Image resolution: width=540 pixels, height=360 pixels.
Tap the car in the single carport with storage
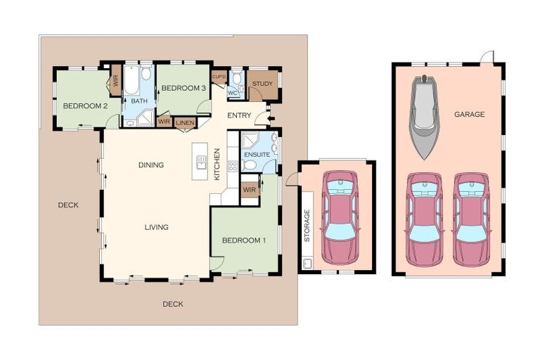340,218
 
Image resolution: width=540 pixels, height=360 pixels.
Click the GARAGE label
470,115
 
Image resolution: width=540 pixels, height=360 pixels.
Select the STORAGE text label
307,225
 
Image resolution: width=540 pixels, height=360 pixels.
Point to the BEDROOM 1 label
244,240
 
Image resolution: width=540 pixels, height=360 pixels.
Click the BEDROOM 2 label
85,106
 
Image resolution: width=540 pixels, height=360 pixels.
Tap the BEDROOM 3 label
184,88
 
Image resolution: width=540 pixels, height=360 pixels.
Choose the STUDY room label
262,84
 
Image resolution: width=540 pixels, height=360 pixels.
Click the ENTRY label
239,116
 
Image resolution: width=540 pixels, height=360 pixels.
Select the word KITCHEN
217,164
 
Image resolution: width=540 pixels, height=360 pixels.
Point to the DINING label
151,165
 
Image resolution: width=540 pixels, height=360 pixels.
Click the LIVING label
156,227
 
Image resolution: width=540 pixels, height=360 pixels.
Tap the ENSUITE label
257,155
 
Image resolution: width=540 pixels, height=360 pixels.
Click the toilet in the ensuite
249,166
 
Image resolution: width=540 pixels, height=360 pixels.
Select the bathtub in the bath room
131,80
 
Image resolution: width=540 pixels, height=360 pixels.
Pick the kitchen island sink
202,162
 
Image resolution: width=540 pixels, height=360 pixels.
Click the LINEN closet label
186,123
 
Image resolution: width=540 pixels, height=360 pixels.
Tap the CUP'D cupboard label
219,77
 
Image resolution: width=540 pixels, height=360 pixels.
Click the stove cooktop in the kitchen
233,167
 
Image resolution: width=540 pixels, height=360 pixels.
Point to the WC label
233,93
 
